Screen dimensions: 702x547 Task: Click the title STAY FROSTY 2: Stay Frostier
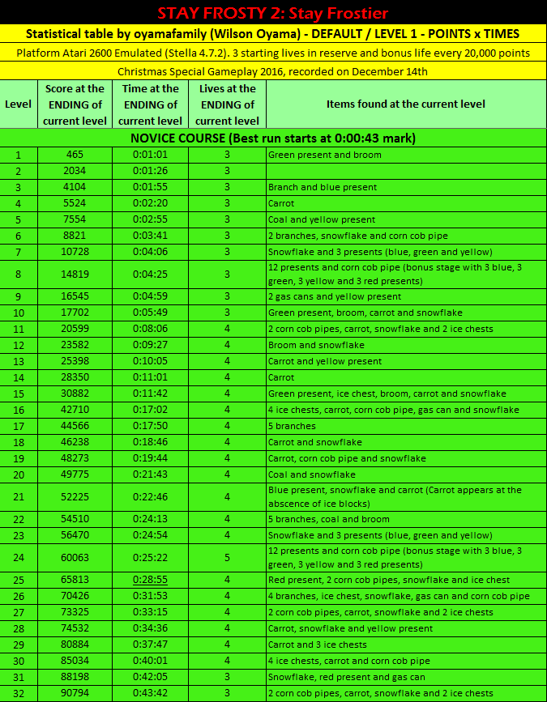tap(273, 13)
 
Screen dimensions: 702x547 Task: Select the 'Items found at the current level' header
tap(405, 104)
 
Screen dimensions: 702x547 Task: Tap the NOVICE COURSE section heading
tap(273, 138)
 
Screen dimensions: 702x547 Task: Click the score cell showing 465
tap(75, 155)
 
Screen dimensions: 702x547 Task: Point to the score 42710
tap(75, 410)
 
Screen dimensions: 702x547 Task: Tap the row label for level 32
tap(18, 693)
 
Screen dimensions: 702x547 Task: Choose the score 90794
tap(75, 693)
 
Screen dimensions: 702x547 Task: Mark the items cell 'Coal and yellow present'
tap(322, 219)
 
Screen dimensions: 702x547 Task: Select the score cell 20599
tap(75, 329)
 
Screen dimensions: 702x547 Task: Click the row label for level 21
tap(18, 496)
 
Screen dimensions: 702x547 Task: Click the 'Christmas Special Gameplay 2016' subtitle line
tap(273, 71)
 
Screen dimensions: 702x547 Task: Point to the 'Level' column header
tap(18, 104)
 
